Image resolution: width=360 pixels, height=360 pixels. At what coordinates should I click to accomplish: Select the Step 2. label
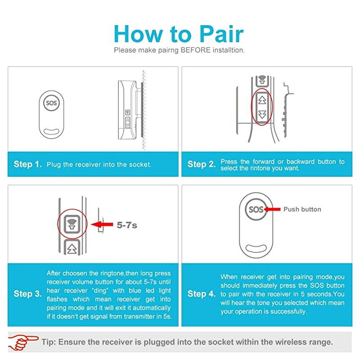[x=202, y=164]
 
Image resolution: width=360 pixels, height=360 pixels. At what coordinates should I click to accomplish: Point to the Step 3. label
[x=29, y=294]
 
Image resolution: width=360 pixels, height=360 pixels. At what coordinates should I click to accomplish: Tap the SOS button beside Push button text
[x=256, y=210]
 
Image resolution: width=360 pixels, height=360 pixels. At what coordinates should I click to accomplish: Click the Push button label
[x=302, y=209]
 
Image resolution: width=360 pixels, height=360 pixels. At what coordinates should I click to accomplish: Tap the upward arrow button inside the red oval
[x=263, y=99]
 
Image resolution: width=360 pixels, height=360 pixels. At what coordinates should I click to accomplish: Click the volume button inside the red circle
[x=71, y=223]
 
